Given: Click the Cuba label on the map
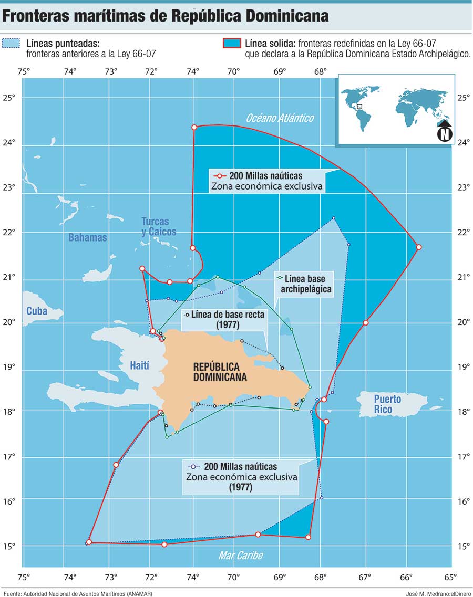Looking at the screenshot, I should click(35, 311).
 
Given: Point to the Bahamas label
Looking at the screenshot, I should click(88, 237).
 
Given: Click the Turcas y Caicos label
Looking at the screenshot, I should click(159, 226).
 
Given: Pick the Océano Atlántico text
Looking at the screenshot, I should click(280, 118).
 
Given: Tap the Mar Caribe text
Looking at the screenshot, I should click(241, 556).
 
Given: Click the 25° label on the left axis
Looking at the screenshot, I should click(9, 97).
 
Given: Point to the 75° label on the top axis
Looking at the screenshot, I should click(24, 71).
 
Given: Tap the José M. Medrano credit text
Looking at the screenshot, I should click(437, 593).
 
